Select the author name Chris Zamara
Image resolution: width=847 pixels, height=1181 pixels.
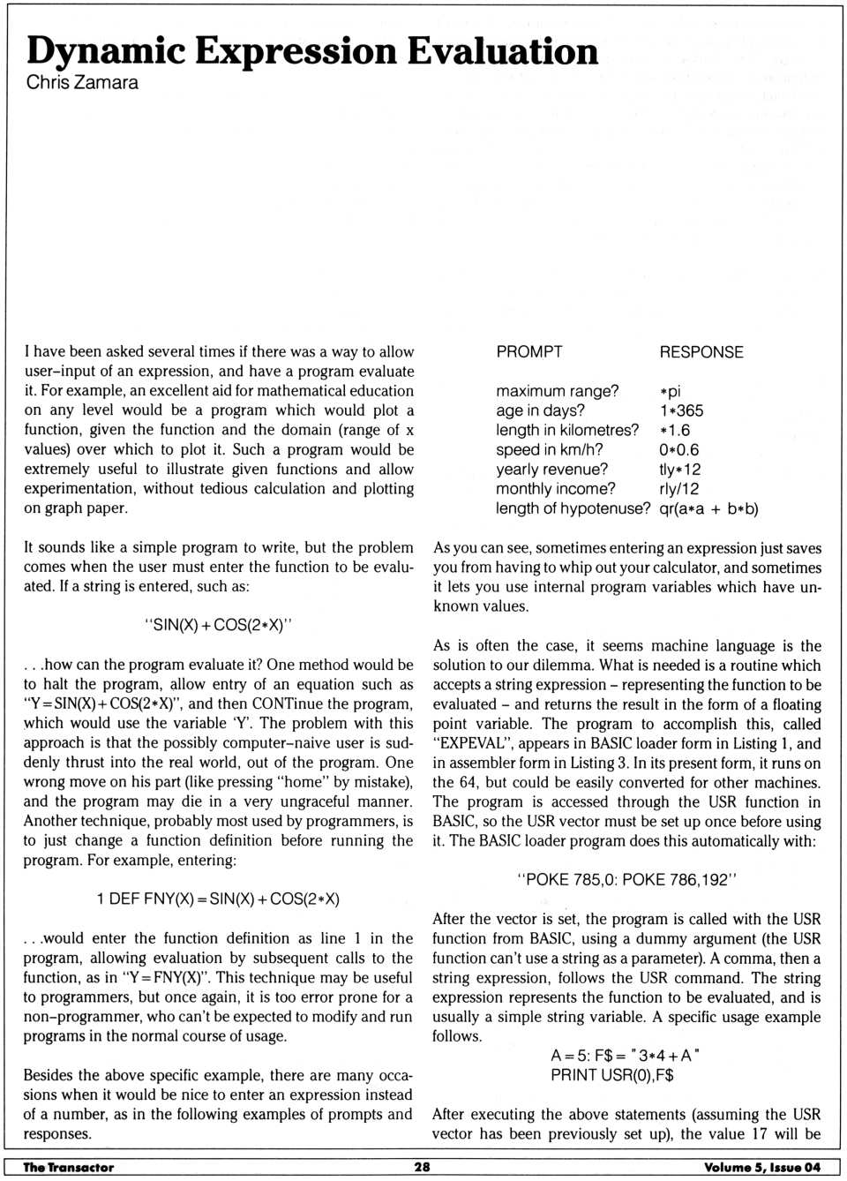(82, 83)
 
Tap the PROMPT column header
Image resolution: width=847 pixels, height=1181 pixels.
(528, 351)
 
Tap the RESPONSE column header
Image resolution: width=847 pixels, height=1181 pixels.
(701, 351)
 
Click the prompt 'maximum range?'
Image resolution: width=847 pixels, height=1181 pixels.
(557, 390)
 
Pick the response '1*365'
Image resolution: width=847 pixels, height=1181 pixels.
(681, 410)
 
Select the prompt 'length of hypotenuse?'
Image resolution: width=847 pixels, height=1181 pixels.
(573, 508)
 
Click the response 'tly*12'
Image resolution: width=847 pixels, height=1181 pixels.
(679, 470)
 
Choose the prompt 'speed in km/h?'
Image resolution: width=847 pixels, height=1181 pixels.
(549, 449)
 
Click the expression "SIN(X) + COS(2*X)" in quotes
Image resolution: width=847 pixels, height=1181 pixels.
(218, 625)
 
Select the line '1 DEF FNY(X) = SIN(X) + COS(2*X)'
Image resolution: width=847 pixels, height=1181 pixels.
(218, 899)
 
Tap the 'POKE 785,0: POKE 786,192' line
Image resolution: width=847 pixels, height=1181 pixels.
(626, 879)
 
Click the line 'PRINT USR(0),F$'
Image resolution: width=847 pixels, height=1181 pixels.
(612, 1074)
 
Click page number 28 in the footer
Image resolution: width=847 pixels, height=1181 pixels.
(423, 1167)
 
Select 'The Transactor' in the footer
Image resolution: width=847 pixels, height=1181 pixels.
(69, 1167)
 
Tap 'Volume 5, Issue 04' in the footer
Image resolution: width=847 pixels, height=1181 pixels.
(761, 1167)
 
